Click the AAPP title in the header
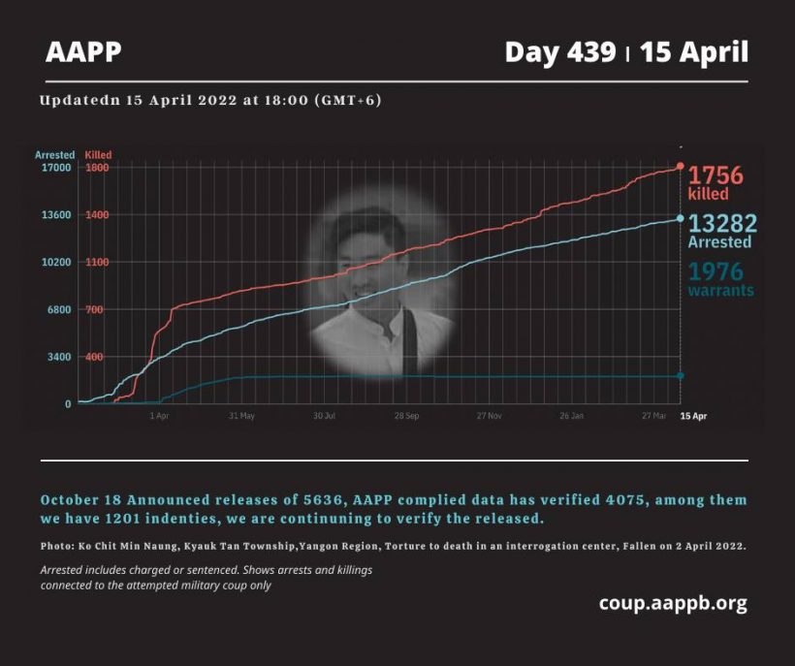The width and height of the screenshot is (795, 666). [83, 52]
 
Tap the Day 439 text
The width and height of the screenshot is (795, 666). [559, 52]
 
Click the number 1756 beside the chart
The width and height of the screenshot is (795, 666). [715, 175]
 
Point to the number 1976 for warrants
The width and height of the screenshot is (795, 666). [715, 272]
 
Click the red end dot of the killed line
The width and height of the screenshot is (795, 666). [681, 167]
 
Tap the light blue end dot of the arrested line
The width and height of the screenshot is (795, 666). [681, 219]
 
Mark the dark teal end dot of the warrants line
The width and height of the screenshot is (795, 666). [681, 376]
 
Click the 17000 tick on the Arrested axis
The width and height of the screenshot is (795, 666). [56, 168]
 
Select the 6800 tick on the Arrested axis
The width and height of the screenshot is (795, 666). [59, 310]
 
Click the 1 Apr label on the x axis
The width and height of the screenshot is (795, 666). [160, 416]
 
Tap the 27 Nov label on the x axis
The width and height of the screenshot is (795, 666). [489, 416]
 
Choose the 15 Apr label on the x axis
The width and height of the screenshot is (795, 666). [693, 416]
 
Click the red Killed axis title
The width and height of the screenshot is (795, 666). [99, 155]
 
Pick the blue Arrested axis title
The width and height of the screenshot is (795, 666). [54, 155]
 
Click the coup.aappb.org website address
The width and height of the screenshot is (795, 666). [673, 603]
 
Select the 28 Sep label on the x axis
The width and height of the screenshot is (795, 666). [406, 416]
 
